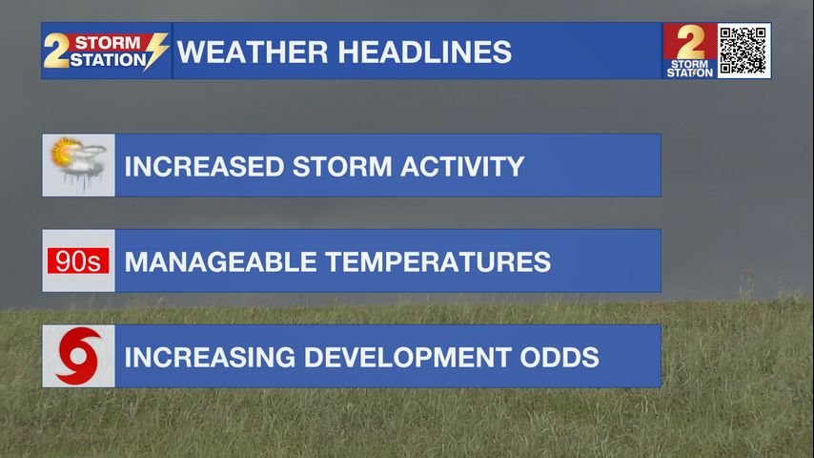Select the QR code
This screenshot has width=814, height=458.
point(743,51)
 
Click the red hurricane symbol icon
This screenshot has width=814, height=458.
point(78,356)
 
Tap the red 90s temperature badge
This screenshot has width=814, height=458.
point(78,260)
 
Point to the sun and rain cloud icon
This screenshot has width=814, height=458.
point(78,164)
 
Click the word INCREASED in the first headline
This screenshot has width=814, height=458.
point(204,166)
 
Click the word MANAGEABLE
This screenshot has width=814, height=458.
point(220,261)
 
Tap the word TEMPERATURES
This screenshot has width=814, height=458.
point(438,261)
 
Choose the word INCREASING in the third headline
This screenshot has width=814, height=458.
point(210,357)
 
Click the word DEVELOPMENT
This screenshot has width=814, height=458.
point(408,357)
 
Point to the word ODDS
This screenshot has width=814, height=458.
point(560,357)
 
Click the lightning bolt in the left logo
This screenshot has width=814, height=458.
point(155,51)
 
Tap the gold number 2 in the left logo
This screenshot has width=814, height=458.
point(55,51)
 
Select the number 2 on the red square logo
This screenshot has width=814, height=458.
point(690,42)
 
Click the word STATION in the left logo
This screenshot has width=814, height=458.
point(108,60)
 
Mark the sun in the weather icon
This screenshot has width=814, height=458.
point(64,152)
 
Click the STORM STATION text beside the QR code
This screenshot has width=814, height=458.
point(690,69)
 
